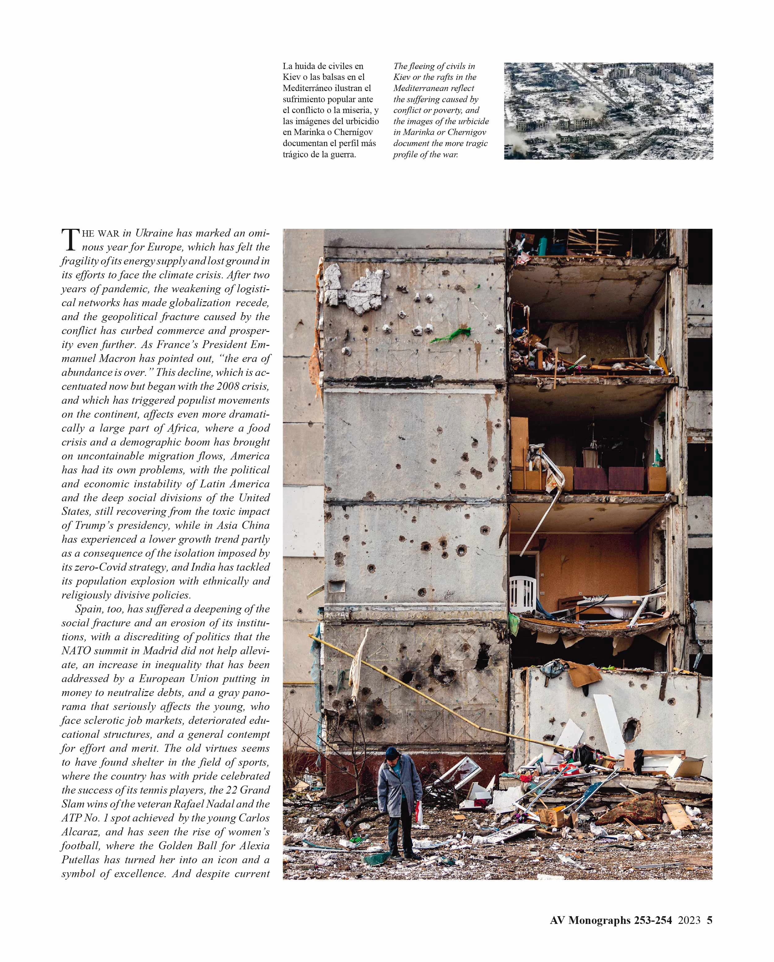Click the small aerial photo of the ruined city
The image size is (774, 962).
(608, 111)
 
